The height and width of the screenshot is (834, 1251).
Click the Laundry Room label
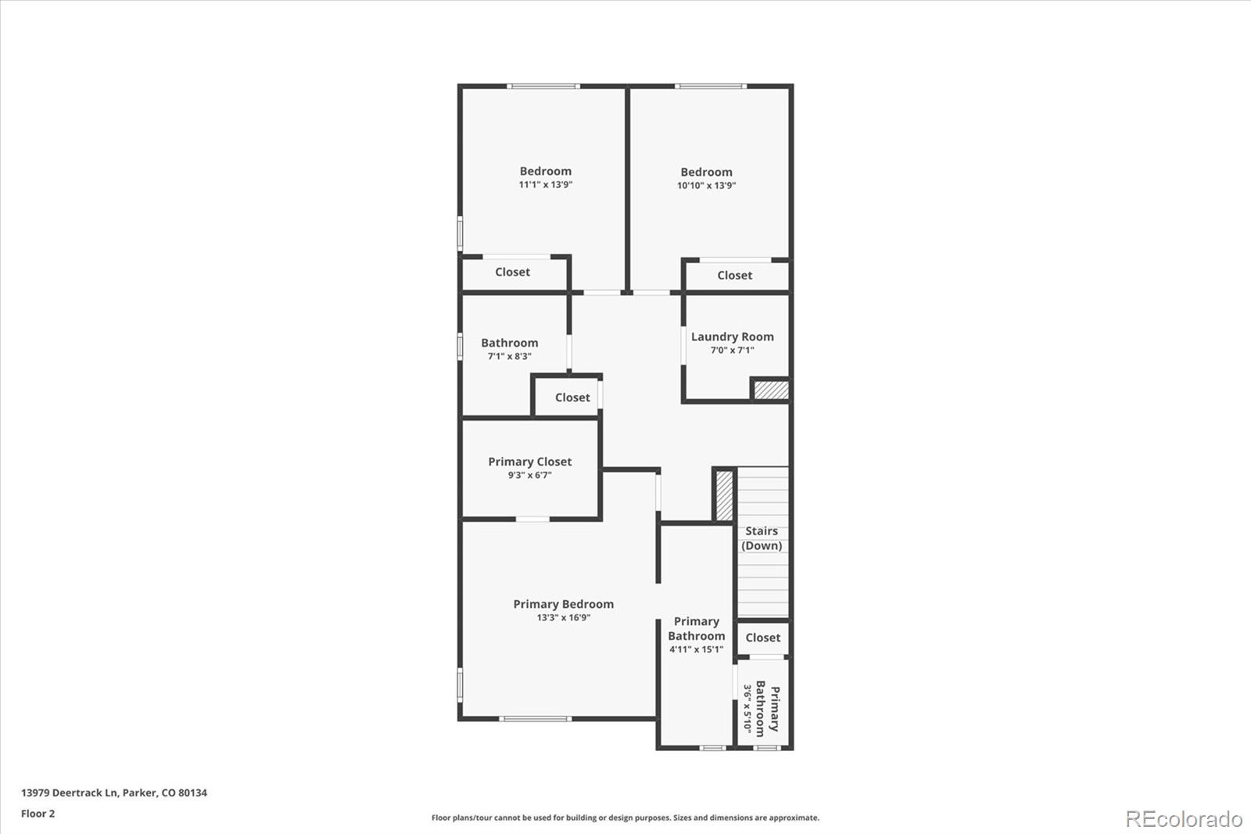point(732,337)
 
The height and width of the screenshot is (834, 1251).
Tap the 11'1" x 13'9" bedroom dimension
point(546,185)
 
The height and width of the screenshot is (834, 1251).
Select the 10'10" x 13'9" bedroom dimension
point(706,185)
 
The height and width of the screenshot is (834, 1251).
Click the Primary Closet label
point(529,462)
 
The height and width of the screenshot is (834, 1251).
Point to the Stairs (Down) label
point(762,538)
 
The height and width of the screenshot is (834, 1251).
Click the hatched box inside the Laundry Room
point(771,390)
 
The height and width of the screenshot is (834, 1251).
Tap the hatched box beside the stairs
point(724,494)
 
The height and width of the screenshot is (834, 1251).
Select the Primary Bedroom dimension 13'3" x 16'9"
point(563,617)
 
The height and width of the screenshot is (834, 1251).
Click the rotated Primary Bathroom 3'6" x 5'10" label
point(762,708)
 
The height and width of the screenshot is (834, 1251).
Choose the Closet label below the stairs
point(762,638)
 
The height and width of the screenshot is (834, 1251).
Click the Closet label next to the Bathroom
point(572,397)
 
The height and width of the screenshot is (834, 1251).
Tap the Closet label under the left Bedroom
point(512,272)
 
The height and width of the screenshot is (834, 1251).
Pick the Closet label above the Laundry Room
point(734,275)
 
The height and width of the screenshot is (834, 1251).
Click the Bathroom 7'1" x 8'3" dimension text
point(509,356)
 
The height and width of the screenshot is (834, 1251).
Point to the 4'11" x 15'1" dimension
point(696,649)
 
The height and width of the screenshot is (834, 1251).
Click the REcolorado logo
point(1183,818)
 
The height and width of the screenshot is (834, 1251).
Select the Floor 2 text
point(38,814)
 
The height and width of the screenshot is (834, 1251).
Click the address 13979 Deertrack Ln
point(113,793)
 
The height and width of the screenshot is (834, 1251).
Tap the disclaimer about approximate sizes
point(625,818)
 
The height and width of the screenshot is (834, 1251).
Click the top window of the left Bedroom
point(543,86)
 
